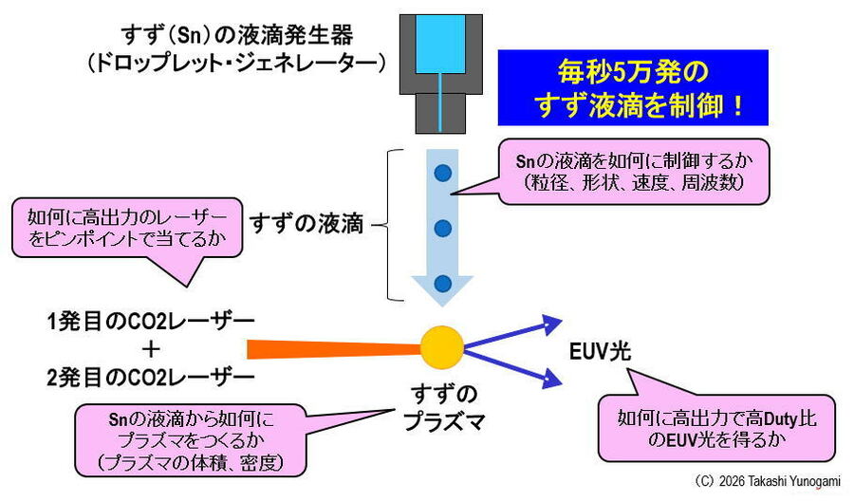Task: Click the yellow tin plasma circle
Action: point(442,346)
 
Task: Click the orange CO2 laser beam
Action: point(332,348)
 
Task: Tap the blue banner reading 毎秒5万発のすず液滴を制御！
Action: point(633,88)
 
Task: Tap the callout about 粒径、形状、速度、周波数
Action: point(645,171)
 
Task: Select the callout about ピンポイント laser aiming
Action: point(127,229)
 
